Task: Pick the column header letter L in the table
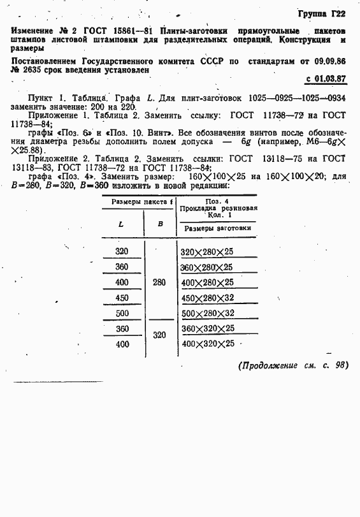click(x=121, y=224)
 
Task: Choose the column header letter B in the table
click(x=161, y=224)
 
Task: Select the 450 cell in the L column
click(x=122, y=297)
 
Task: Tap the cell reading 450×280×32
click(x=208, y=298)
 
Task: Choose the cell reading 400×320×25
click(x=208, y=344)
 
